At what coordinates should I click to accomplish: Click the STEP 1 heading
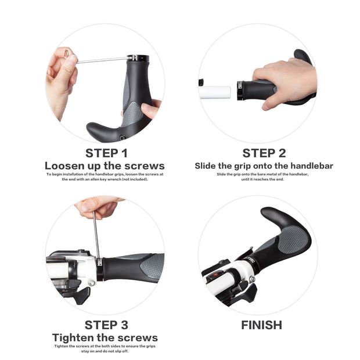(106, 153)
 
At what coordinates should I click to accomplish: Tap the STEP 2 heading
(264, 153)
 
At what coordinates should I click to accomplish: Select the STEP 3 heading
(106, 325)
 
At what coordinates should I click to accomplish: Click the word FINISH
(261, 325)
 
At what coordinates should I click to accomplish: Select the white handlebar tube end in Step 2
(215, 92)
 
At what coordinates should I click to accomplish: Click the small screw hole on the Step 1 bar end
(123, 138)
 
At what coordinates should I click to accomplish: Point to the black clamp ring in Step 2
(240, 91)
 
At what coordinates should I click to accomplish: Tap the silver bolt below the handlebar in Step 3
(92, 282)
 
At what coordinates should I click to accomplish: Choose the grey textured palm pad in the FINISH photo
(293, 240)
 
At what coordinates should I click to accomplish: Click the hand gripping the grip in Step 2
(285, 83)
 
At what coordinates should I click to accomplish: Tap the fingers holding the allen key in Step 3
(98, 207)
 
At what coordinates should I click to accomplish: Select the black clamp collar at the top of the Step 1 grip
(138, 58)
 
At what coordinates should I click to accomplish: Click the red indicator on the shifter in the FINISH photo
(216, 274)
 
